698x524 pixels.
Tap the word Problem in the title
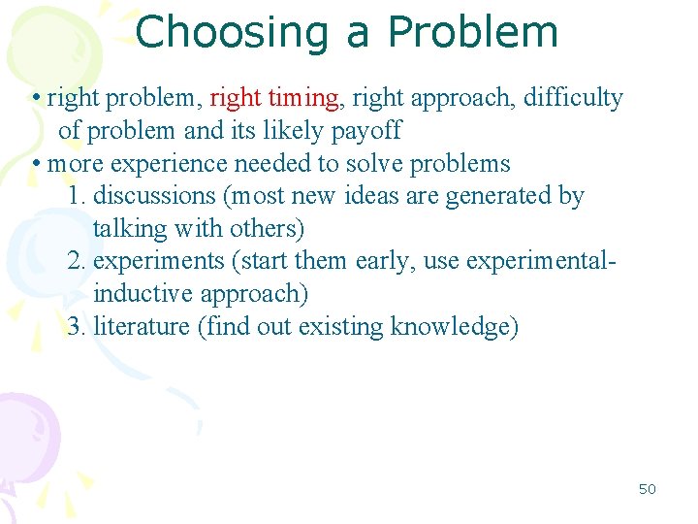click(x=473, y=32)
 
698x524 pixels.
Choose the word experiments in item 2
click(x=159, y=261)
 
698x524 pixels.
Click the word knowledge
click(x=454, y=327)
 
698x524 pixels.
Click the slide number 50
click(x=647, y=489)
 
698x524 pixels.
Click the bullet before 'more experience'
click(x=35, y=163)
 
